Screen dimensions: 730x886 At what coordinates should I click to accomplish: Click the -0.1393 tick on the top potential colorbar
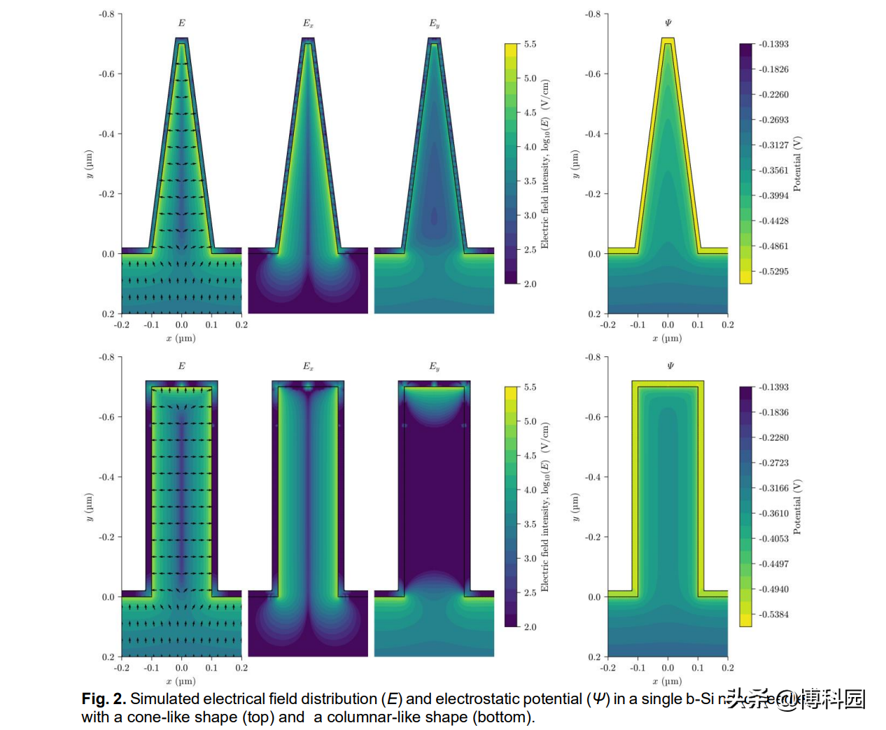click(x=773, y=44)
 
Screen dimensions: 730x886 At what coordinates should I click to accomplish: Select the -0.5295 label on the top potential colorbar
click(x=773, y=272)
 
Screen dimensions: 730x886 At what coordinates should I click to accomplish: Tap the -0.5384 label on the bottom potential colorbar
click(x=773, y=615)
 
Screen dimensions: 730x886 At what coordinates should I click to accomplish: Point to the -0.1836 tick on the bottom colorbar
click(x=773, y=412)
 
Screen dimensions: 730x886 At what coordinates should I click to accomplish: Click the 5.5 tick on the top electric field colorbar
click(x=530, y=44)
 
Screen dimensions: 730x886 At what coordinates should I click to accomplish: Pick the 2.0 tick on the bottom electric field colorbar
click(x=530, y=627)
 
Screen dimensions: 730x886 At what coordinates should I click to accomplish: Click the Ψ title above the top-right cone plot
click(x=668, y=23)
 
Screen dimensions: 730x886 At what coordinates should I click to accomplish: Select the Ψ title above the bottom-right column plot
click(x=670, y=366)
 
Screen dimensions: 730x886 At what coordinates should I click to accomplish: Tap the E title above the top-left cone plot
click(x=181, y=23)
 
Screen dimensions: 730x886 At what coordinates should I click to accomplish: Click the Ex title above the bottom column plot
click(x=308, y=366)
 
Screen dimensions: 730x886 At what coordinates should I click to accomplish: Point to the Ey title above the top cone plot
click(x=434, y=24)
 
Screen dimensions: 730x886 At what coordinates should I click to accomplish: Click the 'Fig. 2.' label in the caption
click(x=104, y=699)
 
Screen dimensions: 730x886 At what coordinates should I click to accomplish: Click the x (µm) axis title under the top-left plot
click(x=181, y=338)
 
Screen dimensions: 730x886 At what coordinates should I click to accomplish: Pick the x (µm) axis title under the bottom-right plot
click(x=668, y=681)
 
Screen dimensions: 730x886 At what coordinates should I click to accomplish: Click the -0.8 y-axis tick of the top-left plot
click(x=106, y=14)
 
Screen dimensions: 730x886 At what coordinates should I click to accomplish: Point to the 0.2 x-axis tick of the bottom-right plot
click(x=727, y=668)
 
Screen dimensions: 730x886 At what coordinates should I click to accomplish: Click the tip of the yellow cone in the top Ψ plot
click(x=668, y=39)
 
